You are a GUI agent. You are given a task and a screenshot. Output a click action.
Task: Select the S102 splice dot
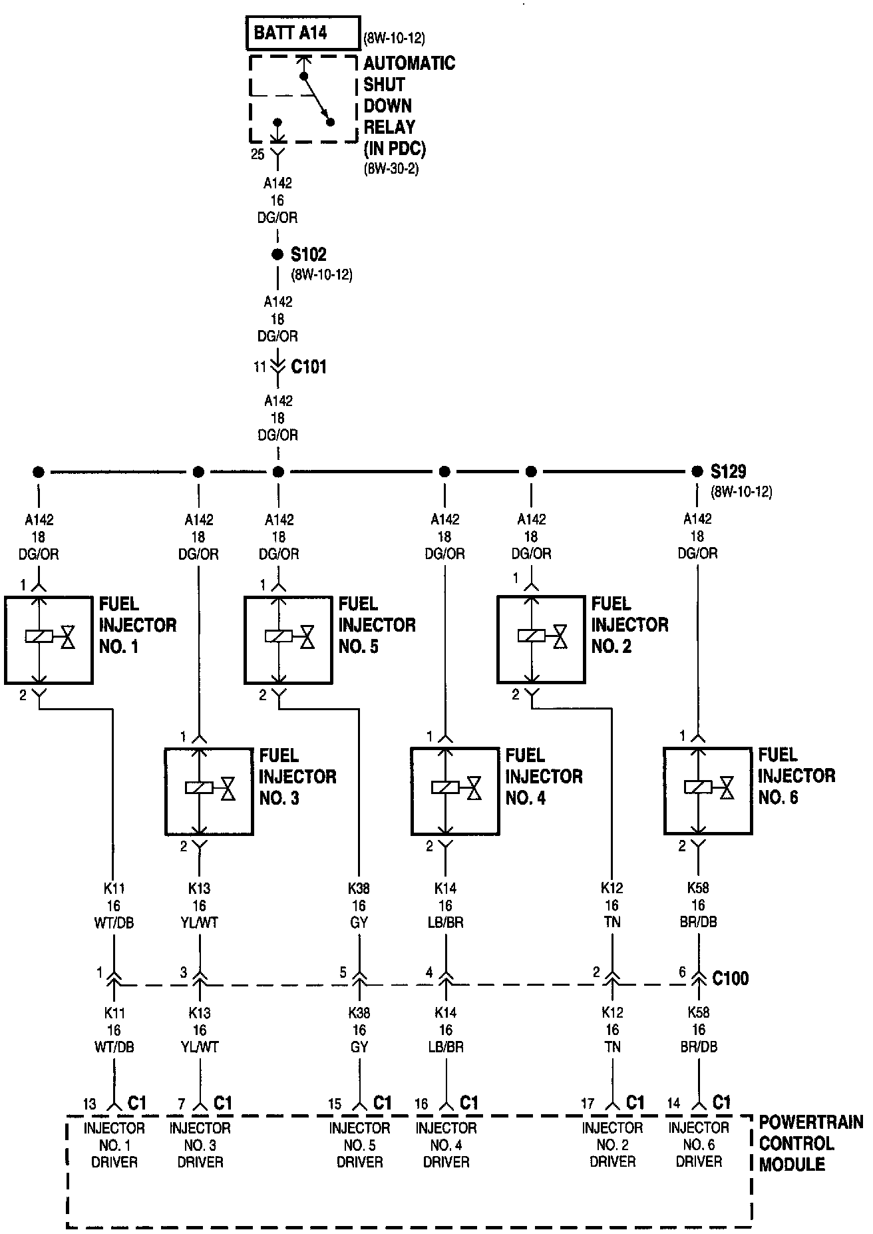[x=277, y=254]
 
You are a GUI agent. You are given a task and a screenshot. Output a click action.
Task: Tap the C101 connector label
[x=309, y=367]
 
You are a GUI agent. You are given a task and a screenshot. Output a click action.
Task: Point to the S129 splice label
[x=728, y=471]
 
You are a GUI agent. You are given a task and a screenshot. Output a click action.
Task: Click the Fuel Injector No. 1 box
[x=48, y=640]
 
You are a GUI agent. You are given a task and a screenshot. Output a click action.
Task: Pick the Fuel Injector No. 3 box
[x=208, y=791]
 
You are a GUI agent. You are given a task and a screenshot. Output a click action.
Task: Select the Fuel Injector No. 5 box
[x=287, y=640]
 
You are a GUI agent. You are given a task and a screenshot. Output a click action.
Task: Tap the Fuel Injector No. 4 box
[x=454, y=791]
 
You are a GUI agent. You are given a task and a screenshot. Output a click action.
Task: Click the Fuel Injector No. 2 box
[x=541, y=640]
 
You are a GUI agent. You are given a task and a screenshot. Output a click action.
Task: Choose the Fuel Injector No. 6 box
[x=707, y=791]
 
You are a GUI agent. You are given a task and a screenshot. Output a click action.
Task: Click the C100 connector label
[x=730, y=978]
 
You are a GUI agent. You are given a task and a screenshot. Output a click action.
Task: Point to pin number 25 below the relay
[x=258, y=154]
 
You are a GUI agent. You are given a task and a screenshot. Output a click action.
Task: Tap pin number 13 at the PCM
[x=90, y=1104]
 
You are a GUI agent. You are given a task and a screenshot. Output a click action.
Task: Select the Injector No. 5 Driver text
[x=359, y=1145]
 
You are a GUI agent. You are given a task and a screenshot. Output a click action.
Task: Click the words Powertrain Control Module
[x=810, y=1143]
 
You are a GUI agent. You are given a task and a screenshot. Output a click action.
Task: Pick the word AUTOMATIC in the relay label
[x=409, y=63]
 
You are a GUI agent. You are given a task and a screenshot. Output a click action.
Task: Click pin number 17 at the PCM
[x=587, y=1104]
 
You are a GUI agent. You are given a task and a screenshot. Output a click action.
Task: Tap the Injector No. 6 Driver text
[x=699, y=1145]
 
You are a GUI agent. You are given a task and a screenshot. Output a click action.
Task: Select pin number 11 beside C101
[x=260, y=367]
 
